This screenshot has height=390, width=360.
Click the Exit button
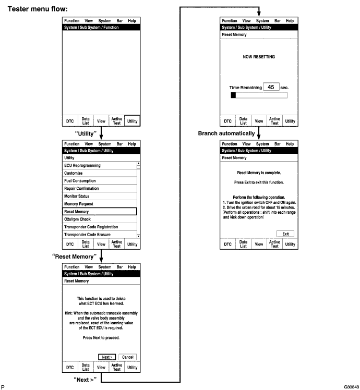[285, 234]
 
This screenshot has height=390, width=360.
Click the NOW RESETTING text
[259, 56]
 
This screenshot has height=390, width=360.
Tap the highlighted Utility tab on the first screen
[133, 121]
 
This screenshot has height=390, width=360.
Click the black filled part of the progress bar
[233, 95]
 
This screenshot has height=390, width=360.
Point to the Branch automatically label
[226, 133]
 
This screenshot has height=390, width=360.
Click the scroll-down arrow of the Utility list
[138, 236]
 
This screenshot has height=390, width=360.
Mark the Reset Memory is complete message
[259, 172]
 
